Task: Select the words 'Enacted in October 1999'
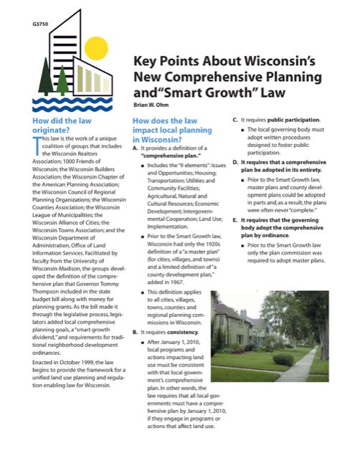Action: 65,365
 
